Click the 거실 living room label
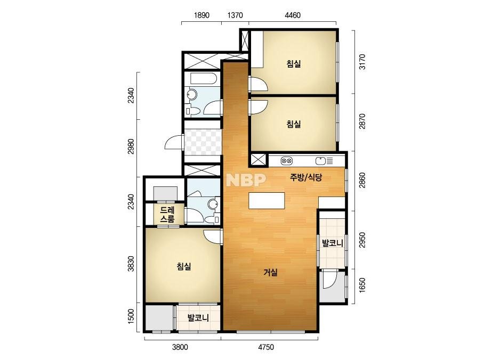click(270, 272)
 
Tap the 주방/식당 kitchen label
click(306, 178)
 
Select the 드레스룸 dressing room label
click(167, 214)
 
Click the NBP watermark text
click(246, 179)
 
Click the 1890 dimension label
click(201, 15)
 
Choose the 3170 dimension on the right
click(362, 62)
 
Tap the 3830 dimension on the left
click(131, 264)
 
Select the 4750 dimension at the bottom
click(266, 347)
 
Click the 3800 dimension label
click(180, 347)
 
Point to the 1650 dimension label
click(362, 285)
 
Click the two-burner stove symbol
click(287, 161)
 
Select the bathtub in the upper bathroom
click(203, 79)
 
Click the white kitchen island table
click(267, 201)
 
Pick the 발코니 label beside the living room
click(332, 243)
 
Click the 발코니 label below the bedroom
click(198, 318)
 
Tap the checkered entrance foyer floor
click(203, 142)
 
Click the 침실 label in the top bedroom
click(294, 64)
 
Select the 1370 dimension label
click(235, 15)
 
